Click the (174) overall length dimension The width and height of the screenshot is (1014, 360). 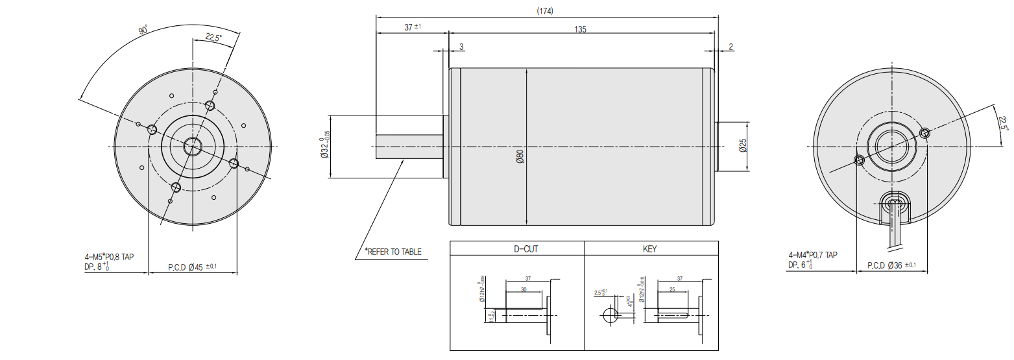pos(545,11)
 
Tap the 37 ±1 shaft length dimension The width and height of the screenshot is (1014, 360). pos(413,27)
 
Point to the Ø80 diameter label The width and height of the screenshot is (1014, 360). pos(520,156)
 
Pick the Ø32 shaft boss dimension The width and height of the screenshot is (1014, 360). pos(324,146)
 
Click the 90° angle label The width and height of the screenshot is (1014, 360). pos(143,30)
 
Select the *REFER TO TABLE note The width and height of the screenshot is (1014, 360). pos(393,252)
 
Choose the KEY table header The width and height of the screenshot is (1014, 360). pos(649,249)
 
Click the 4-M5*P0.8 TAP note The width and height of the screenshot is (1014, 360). pos(114,256)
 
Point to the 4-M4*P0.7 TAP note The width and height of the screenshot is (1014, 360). pos(812,255)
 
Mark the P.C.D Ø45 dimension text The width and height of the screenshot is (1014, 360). pos(193,267)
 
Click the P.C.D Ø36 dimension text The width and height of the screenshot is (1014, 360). pos(891,265)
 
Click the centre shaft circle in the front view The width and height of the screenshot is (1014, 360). pos(192,147)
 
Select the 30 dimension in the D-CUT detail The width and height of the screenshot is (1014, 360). pos(524,290)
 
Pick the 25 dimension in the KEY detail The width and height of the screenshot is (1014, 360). pos(672,290)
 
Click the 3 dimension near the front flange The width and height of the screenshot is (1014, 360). pos(461,47)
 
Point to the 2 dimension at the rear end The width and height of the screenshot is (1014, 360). pos(730,47)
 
